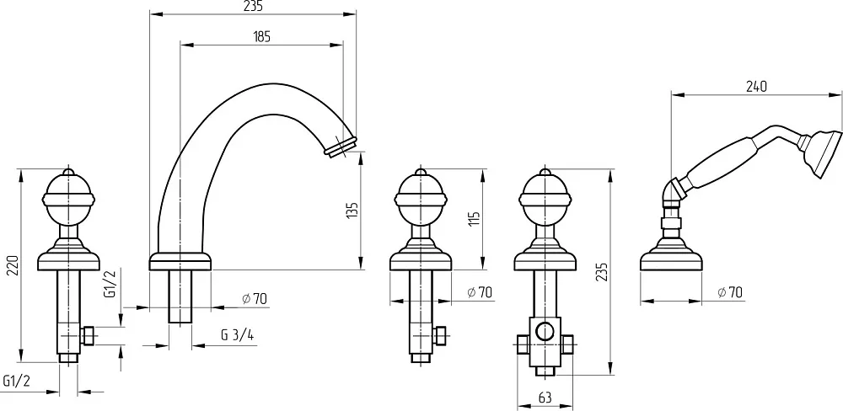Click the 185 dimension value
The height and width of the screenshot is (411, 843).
point(261,36)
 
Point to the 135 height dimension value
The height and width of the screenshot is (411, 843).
point(352,211)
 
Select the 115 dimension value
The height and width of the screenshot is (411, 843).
point(474,219)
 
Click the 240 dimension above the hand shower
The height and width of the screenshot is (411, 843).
point(756,87)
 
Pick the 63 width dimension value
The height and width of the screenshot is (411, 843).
point(545,398)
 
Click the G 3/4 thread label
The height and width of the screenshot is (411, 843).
point(237,335)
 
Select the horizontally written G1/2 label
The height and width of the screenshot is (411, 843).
point(16,382)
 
